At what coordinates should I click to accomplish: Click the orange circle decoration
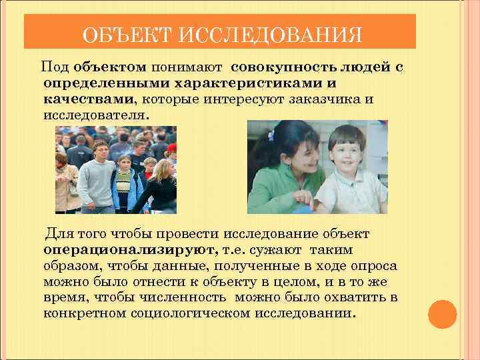point(441,313)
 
